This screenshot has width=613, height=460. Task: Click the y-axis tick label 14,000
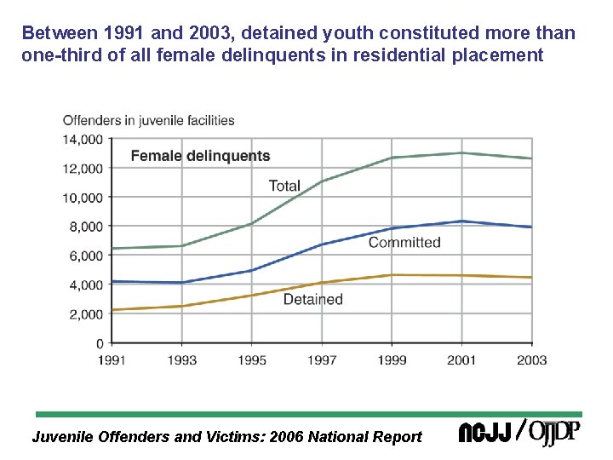[x=83, y=139]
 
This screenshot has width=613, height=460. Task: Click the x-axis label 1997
[x=322, y=360]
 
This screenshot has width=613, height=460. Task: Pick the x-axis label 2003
[x=532, y=360]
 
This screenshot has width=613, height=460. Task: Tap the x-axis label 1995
[x=251, y=360]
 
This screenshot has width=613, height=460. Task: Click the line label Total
[x=284, y=186]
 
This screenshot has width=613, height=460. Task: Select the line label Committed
[x=404, y=243]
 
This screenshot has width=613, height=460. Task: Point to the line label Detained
[x=312, y=300]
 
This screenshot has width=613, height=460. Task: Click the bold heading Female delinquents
[x=200, y=156]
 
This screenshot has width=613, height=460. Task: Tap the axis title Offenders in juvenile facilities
[x=149, y=120]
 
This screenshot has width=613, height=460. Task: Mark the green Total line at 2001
[x=462, y=153]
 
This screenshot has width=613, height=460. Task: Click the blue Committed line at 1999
[x=392, y=228]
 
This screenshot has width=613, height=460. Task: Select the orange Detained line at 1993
[x=181, y=306]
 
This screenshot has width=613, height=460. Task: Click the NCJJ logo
[x=484, y=434]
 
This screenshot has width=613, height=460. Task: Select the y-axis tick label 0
[x=99, y=343]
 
